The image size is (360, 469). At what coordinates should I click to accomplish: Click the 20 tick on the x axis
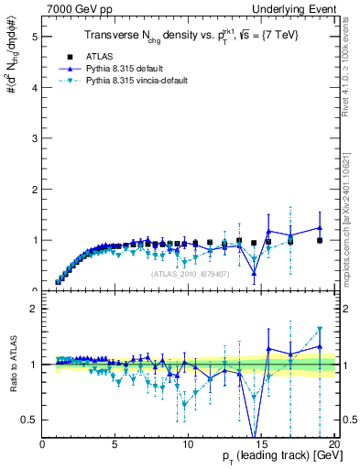(x=334, y=444)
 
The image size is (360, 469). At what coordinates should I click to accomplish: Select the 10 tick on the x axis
(x=188, y=444)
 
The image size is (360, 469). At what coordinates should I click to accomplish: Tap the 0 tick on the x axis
(x=43, y=444)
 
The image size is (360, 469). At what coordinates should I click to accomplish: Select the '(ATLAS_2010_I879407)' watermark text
(x=191, y=272)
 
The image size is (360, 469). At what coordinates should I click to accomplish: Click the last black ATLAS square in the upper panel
(x=320, y=240)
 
